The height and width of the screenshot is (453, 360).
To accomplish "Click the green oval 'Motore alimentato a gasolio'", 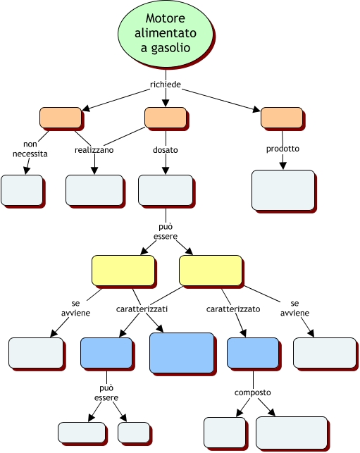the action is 166,33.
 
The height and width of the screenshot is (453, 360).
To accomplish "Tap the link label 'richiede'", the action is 166,85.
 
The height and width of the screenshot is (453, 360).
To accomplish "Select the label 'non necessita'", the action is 30,149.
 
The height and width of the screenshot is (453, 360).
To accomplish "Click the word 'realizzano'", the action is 94,150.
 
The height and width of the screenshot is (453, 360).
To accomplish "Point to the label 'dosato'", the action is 166,150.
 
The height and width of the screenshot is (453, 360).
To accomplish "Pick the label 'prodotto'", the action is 283,149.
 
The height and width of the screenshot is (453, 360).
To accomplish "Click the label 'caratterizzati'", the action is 142,309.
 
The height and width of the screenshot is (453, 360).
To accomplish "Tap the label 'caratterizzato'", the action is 233,309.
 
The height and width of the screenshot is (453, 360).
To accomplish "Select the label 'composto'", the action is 252,392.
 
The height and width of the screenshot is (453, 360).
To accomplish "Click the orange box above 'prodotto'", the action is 282,118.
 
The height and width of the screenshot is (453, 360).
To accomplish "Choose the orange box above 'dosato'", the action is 166,118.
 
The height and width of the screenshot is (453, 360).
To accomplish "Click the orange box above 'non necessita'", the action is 61,118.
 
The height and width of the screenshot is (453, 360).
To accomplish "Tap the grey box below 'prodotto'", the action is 283,190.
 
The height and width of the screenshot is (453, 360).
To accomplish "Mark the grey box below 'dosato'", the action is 166,190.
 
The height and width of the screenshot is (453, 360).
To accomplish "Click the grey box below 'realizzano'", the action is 94,190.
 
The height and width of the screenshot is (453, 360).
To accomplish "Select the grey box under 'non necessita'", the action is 22,190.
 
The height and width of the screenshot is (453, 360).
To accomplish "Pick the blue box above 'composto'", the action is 253,353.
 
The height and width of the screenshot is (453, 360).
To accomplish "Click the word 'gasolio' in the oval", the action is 166,48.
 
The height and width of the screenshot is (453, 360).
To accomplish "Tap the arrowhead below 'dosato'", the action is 166,170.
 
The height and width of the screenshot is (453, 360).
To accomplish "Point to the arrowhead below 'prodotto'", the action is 283,166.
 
